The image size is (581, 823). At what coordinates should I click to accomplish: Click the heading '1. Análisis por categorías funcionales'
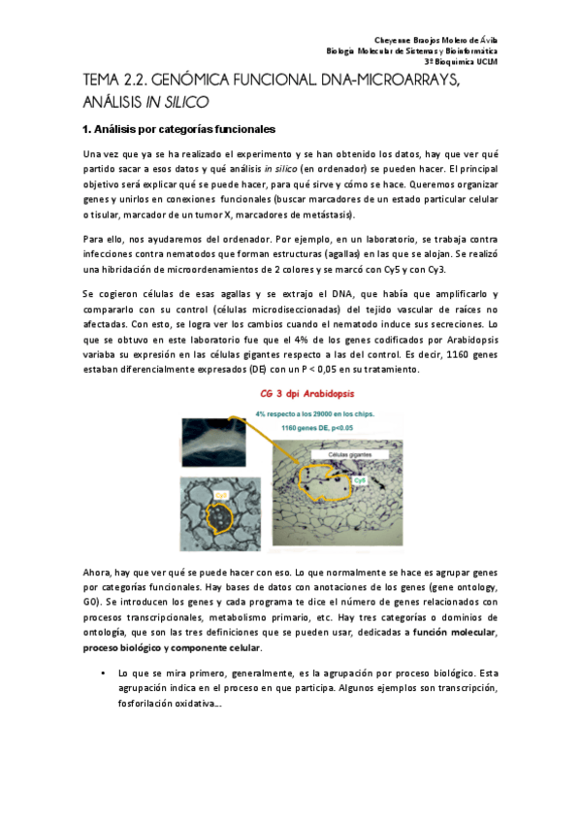tap(179, 129)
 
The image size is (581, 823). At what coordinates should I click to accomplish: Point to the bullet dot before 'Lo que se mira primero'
tap(103, 672)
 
